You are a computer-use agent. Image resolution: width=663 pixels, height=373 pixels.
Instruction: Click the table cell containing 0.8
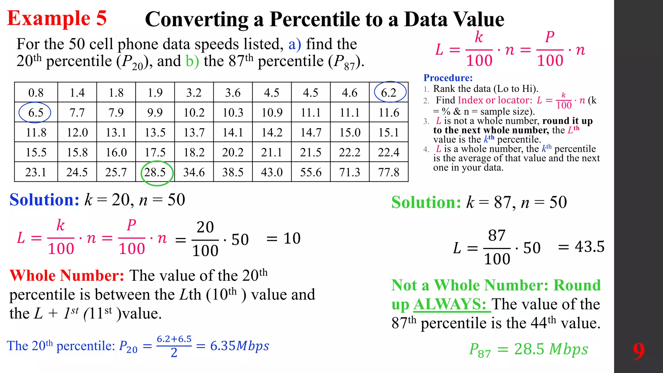[x=36, y=93]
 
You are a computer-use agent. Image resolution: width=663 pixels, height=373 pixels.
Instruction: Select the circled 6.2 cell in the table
[x=389, y=93]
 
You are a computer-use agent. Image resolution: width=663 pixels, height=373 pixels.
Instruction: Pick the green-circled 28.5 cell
[x=155, y=172]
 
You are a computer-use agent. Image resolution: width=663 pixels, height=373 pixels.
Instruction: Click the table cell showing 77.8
[x=389, y=172]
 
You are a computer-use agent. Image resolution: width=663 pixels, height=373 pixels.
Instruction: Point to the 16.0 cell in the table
[x=116, y=153]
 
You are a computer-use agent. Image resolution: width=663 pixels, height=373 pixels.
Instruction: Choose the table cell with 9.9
[x=155, y=113]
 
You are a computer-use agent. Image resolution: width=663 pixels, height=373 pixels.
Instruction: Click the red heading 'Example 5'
[x=57, y=18]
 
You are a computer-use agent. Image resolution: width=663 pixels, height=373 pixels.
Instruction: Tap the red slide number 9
[x=639, y=351]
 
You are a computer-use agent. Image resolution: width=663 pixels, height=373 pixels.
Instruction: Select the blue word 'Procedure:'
[x=448, y=78]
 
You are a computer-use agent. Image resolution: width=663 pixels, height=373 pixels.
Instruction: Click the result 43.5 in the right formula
[x=590, y=247]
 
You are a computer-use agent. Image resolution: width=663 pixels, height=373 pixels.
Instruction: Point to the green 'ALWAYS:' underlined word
[x=452, y=304]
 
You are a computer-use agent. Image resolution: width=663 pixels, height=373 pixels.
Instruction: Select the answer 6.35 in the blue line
[x=223, y=346]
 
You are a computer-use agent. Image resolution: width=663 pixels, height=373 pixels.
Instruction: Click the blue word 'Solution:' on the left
[x=44, y=200]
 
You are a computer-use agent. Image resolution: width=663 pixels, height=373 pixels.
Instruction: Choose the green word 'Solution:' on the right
[x=426, y=202]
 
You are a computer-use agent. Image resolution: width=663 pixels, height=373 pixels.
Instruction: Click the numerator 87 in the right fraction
[x=497, y=235]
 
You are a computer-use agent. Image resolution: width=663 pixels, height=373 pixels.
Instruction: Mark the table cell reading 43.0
[x=272, y=172]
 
